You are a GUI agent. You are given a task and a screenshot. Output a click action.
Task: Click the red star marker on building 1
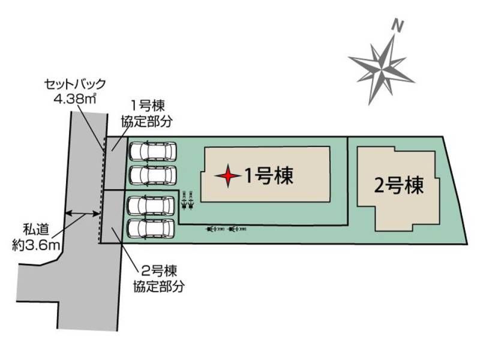(227, 176)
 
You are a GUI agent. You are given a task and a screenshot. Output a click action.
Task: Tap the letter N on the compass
(397, 26)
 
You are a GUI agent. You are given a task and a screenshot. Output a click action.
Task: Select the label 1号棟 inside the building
(268, 176)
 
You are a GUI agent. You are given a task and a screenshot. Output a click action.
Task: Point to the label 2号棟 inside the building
(399, 185)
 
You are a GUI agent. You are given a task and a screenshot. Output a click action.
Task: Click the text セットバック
(75, 84)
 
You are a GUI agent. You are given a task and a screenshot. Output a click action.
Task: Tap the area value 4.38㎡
(75, 98)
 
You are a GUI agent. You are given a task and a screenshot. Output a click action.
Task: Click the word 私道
(36, 230)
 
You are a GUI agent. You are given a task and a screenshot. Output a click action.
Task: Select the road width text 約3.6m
(35, 245)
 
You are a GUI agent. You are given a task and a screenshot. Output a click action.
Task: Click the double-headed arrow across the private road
(83, 213)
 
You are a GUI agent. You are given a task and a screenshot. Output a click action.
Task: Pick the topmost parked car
(153, 151)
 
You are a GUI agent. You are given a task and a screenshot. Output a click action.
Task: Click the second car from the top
(153, 175)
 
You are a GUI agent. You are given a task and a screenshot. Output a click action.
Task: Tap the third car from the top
(151, 206)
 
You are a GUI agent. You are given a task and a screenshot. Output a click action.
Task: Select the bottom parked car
(151, 229)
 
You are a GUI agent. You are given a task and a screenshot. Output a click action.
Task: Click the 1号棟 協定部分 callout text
(147, 114)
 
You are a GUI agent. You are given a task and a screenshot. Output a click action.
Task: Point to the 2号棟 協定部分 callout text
(158, 279)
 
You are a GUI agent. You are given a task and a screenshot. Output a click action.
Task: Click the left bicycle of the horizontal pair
(216, 229)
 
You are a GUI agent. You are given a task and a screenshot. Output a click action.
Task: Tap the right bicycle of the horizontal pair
(237, 229)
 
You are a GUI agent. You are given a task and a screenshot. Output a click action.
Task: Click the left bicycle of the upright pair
(184, 200)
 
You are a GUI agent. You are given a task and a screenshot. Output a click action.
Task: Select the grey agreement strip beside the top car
(116, 163)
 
